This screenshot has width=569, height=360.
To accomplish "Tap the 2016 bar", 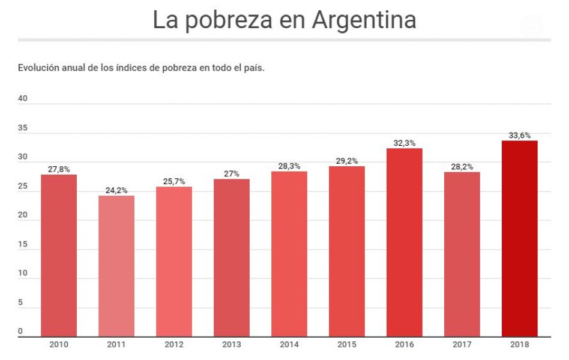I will click(x=404, y=242).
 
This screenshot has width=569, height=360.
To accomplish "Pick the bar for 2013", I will click(x=232, y=258).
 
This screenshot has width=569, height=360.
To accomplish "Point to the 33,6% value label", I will click(x=520, y=136).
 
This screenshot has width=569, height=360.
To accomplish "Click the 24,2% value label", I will click(x=116, y=191).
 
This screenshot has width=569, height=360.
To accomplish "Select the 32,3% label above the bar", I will click(x=405, y=143).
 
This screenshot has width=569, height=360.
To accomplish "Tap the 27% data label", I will click(x=232, y=174).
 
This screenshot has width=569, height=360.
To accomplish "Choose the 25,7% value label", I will click(x=174, y=182).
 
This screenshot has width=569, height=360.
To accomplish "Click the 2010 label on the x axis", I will click(x=59, y=344).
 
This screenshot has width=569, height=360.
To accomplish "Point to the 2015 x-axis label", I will click(x=347, y=344).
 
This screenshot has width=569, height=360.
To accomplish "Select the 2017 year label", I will click(x=462, y=344).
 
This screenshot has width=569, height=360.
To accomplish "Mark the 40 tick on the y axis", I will click(x=23, y=99).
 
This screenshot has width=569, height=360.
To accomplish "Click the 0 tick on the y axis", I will click(x=20, y=331).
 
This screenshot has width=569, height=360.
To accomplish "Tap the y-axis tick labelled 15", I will click(x=23, y=244).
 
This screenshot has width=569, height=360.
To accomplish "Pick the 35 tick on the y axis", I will click(x=23, y=128).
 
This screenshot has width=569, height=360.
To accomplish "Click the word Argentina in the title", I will click(x=364, y=20).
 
